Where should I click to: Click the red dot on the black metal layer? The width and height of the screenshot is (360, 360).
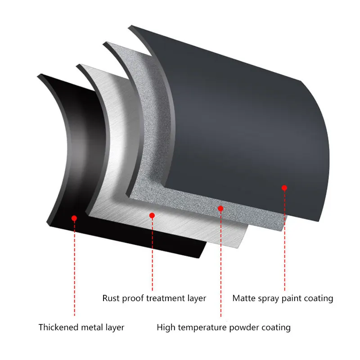click(74, 218)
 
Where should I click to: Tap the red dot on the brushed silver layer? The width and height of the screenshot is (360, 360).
click(152, 216)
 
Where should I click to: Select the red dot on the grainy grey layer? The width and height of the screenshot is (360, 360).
click(220, 208)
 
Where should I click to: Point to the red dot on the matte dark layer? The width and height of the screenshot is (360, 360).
click(284, 188)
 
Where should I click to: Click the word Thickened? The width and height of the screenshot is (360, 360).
click(58, 327)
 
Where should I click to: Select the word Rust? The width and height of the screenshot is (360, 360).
click(111, 298)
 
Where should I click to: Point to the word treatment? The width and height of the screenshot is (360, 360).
click(166, 298)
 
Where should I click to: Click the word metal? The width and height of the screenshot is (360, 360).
click(92, 327)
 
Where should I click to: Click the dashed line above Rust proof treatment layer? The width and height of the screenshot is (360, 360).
click(152, 254)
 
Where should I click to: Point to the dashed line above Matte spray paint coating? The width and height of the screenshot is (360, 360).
click(284, 241)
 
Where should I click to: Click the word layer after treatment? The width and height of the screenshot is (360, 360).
click(197, 299)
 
